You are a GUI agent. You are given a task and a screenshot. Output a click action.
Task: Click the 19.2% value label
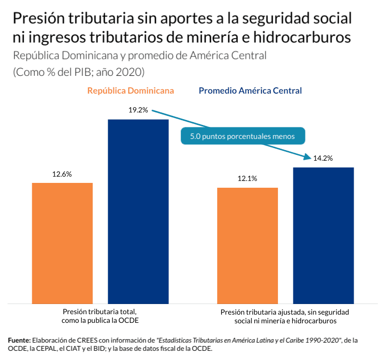click(x=138, y=110)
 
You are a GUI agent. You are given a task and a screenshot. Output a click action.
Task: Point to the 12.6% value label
click(x=62, y=174)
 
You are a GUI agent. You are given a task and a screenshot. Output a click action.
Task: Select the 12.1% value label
click(x=248, y=179)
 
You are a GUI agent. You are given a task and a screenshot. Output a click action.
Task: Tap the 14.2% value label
click(x=323, y=158)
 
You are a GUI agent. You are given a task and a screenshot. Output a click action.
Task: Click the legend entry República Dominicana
click(x=131, y=91)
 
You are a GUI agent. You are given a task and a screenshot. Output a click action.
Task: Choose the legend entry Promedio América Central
click(x=250, y=91)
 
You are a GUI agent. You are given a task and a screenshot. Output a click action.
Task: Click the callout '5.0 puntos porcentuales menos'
click(x=243, y=137)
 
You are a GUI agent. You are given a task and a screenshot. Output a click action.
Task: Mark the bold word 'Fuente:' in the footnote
click(x=19, y=340)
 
